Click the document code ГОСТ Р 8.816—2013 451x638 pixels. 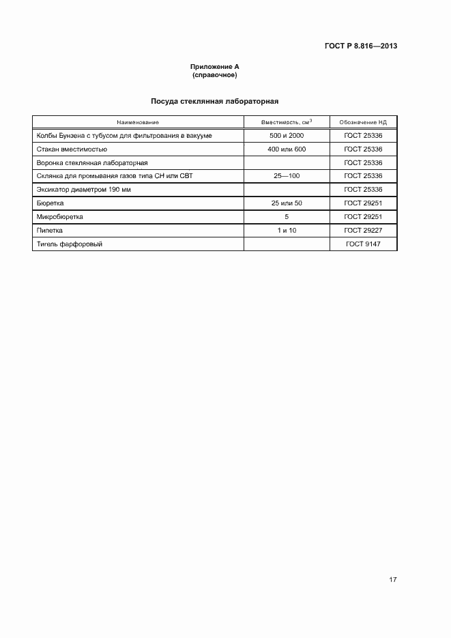[x=361, y=46]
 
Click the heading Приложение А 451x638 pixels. [x=215, y=66]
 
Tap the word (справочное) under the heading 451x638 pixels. [x=215, y=74]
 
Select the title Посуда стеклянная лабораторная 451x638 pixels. [x=215, y=101]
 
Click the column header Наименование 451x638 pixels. [x=138, y=122]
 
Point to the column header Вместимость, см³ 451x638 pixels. [x=287, y=122]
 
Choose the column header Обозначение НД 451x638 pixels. [x=363, y=122]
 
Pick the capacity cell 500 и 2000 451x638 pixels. [x=287, y=136]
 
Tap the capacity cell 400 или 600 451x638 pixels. [x=287, y=149]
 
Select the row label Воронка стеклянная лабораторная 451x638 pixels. [x=92, y=162]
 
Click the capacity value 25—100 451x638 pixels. [x=287, y=176]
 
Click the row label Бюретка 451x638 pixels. [x=50, y=203]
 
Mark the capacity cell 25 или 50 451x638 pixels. [x=287, y=203]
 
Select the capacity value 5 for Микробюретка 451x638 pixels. [x=287, y=216]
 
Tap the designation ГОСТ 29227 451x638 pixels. [x=363, y=230]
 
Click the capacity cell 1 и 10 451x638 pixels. [x=287, y=230]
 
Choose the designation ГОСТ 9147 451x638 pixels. [x=363, y=244]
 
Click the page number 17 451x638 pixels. [x=393, y=579]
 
